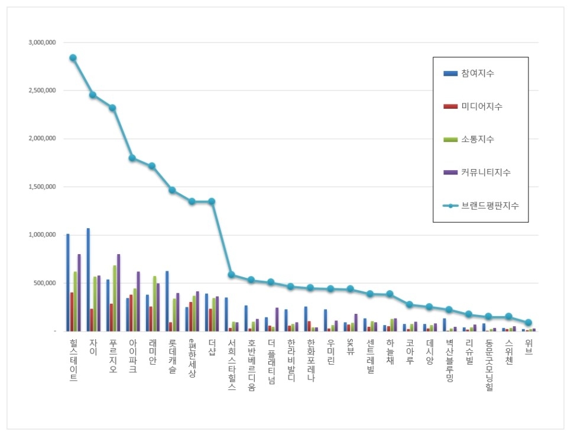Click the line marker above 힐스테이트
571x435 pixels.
[73, 58]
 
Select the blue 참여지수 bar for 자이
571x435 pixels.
[88, 280]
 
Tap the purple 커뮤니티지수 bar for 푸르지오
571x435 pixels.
[119, 293]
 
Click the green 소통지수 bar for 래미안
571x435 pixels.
[155, 303]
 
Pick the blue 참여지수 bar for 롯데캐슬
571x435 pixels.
[167, 301]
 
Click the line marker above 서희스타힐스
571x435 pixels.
[231, 275]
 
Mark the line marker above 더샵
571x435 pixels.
[212, 202]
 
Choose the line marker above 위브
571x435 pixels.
[528, 323]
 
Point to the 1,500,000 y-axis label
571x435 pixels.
[42, 187]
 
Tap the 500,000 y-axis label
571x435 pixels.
[44, 283]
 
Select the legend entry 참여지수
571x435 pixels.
[479, 74]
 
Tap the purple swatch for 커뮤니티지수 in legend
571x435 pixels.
[450, 173]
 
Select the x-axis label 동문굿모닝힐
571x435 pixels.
[489, 365]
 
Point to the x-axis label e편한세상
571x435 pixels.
[192, 358]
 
